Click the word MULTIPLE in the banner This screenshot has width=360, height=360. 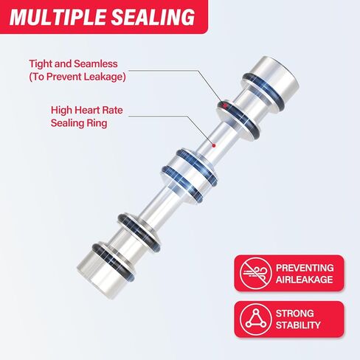tap(58, 17)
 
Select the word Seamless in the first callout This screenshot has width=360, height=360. tap(96, 64)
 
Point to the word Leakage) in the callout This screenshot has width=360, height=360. tap(105, 77)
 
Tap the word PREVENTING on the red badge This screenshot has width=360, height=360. tap(305, 268)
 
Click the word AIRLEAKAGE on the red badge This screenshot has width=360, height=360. tap(304, 280)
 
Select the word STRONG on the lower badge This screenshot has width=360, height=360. tap(294, 314)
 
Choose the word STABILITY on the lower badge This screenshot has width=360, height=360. tap(298, 325)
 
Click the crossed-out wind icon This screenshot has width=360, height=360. tap(255, 273)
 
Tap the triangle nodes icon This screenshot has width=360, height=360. tap(255, 319)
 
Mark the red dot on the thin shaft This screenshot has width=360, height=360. tap(214, 145)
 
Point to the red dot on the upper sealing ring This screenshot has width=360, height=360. tap(225, 105)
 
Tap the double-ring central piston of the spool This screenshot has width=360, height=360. tap(189, 175)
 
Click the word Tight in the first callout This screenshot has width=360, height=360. tap(41, 64)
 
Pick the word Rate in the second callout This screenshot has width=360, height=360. tap(112, 110)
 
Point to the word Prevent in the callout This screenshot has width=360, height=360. tap(64, 77)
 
